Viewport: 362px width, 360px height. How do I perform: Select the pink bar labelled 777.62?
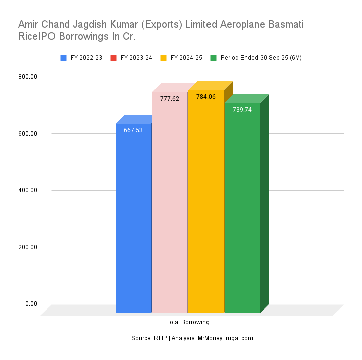(170, 212)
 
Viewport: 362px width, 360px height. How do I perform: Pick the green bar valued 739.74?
(242, 217)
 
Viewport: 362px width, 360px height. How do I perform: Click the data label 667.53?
(133, 130)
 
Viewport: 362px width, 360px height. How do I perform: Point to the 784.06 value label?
(206, 97)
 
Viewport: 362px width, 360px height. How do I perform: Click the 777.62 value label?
(170, 99)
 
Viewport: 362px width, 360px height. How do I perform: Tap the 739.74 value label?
(242, 109)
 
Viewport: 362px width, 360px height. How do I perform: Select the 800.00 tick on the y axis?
(27, 77)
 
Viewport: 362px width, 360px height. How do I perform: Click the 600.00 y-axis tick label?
(27, 134)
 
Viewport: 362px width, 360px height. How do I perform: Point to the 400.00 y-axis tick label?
(27, 190)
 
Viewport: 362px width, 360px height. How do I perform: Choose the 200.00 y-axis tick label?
(27, 247)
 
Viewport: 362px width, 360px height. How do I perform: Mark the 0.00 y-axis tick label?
(30, 303)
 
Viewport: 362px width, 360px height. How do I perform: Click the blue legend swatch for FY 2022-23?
(63, 58)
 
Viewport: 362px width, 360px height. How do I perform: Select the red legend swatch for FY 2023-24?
(114, 58)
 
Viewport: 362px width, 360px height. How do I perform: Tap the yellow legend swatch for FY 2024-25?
(164, 58)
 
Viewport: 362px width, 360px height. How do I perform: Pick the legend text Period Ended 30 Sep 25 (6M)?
(261, 58)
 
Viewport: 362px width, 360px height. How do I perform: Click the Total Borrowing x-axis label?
(188, 322)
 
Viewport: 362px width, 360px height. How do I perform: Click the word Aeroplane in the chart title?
(223, 24)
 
